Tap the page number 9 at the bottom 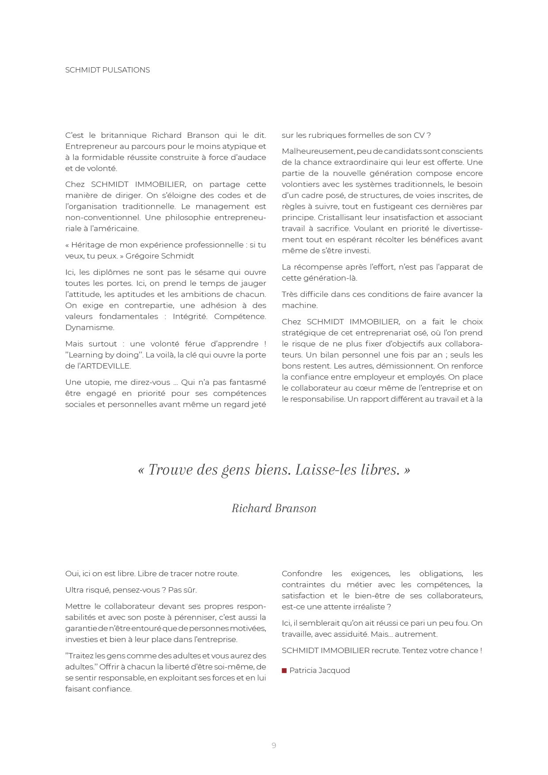274,745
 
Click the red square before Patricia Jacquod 284,670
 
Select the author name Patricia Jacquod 320,670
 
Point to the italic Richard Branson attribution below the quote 274,508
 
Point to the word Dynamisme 89,327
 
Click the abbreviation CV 419,135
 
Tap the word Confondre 302,574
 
